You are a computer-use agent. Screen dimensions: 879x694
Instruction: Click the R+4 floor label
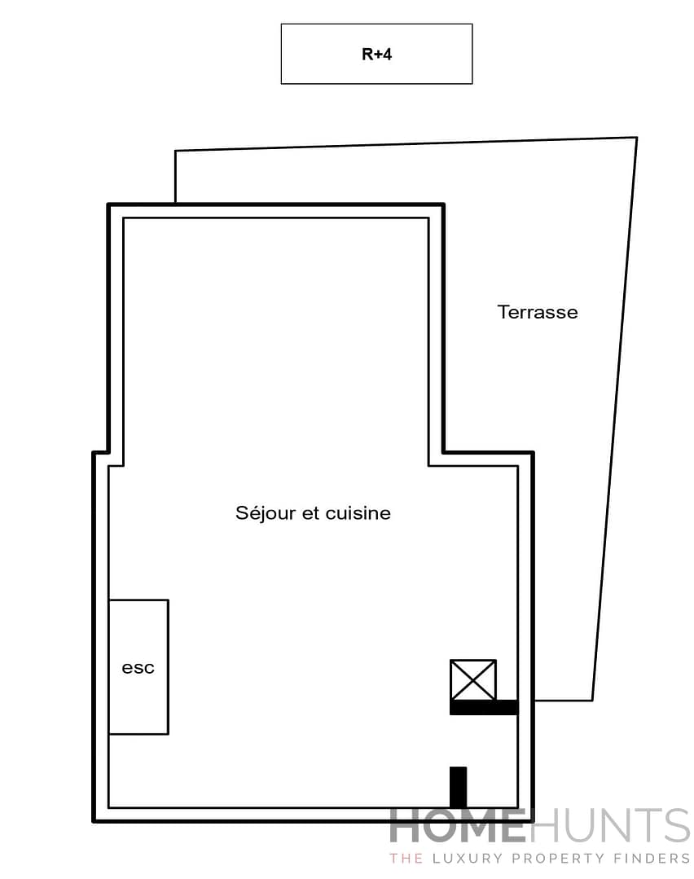click(x=376, y=55)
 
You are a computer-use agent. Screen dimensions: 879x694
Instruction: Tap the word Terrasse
click(x=538, y=312)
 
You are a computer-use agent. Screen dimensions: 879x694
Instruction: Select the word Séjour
click(x=262, y=513)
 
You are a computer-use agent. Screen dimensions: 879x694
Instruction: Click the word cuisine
click(x=358, y=513)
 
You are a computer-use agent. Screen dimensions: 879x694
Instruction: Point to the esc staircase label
click(x=138, y=668)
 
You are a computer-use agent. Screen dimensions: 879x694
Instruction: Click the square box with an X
click(x=473, y=680)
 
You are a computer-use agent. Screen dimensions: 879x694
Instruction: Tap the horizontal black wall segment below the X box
click(x=484, y=707)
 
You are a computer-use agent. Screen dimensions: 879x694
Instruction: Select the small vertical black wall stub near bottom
click(x=459, y=786)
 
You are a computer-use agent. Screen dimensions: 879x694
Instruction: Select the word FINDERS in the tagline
click(x=656, y=858)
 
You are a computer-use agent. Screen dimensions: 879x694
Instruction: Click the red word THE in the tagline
click(x=405, y=858)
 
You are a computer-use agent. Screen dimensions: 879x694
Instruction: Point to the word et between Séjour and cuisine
click(x=312, y=513)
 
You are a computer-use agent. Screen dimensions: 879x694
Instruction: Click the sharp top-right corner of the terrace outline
click(x=636, y=138)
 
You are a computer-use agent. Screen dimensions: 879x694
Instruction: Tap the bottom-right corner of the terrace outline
click(x=592, y=700)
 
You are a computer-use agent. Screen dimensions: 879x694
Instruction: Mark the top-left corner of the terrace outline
click(x=176, y=151)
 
